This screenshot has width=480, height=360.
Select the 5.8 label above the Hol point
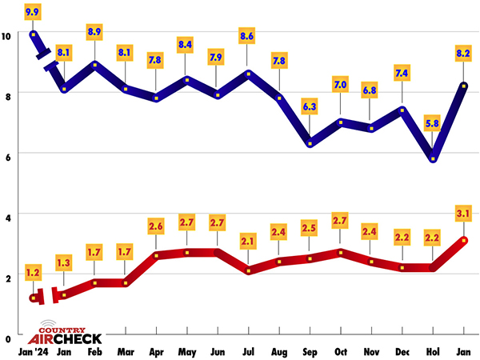[433, 124]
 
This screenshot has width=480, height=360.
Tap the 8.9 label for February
[95, 31]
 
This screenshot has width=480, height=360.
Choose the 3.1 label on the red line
[463, 212]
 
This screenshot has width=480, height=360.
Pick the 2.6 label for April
[157, 226]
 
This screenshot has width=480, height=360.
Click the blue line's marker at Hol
[433, 158]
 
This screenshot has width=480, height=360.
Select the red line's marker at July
[249, 271]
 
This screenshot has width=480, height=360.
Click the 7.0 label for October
[341, 84]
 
